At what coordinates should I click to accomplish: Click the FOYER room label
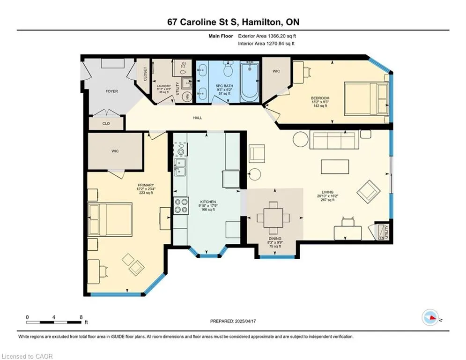click(x=112, y=91)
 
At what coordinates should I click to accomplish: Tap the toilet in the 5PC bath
click(x=228, y=69)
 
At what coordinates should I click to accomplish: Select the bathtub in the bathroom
click(x=250, y=81)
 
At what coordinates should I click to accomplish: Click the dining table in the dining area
click(x=274, y=218)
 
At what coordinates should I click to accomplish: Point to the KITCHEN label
click(x=208, y=202)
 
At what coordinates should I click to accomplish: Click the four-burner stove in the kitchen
click(x=181, y=206)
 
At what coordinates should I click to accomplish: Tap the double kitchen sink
click(x=180, y=167)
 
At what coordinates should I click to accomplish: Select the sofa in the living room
click(x=332, y=139)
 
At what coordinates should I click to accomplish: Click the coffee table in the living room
click(x=335, y=166)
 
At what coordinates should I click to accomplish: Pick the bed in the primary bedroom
click(x=110, y=219)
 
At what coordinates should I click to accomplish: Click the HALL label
click(x=198, y=118)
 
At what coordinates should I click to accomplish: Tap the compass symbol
click(x=430, y=317)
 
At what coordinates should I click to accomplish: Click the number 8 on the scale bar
click(x=81, y=317)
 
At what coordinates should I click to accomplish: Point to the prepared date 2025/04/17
click(x=245, y=321)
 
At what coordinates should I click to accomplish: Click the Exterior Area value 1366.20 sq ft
click(x=282, y=36)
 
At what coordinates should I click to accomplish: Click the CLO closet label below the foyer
click(x=106, y=123)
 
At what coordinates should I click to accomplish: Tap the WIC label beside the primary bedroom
click(x=115, y=151)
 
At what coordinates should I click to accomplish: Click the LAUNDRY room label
click(x=164, y=86)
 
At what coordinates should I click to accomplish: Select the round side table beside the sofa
click(x=301, y=139)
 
